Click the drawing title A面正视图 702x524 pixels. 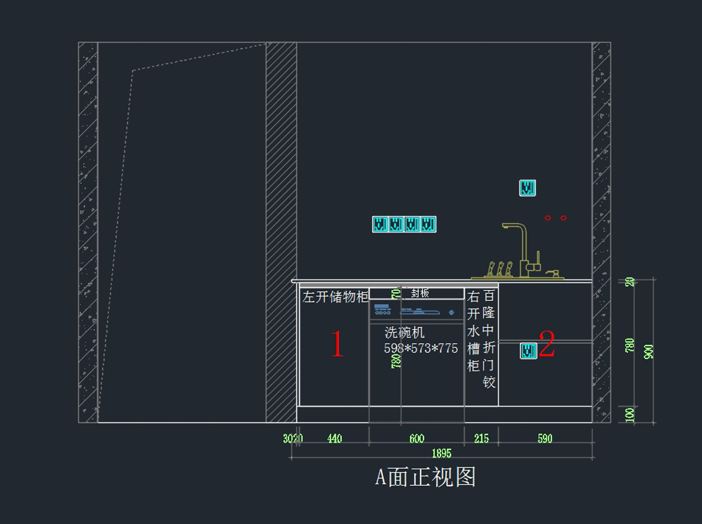(425, 477)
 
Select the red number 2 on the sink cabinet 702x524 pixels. (546, 344)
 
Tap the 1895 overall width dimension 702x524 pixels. (442, 453)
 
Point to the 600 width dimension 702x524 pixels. (417, 439)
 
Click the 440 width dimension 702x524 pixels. (335, 439)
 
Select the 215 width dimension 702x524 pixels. (481, 439)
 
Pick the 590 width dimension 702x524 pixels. (545, 439)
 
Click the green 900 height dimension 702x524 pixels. (648, 351)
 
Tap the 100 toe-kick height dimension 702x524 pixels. (630, 415)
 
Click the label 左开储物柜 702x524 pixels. (335, 297)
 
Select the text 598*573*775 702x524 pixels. (421, 348)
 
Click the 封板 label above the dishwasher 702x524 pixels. (420, 293)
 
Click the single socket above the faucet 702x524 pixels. (528, 188)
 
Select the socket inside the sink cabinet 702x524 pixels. (529, 351)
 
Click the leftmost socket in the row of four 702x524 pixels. (380, 224)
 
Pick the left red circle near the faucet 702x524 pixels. (548, 218)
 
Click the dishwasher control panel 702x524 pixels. (417, 310)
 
